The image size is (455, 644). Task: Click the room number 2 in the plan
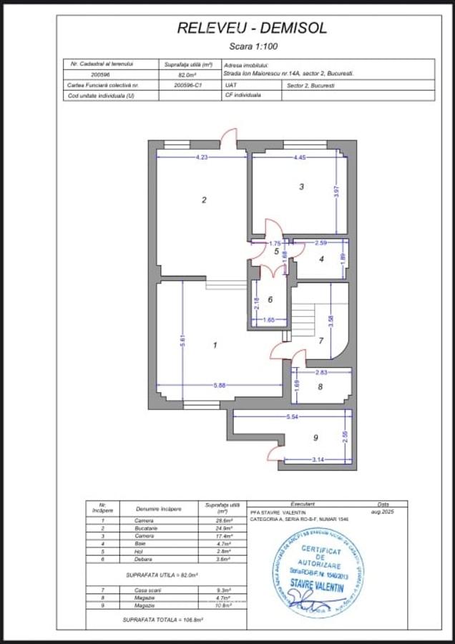(x=204, y=200)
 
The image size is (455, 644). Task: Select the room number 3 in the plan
(x=301, y=187)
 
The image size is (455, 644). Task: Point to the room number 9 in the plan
(x=315, y=437)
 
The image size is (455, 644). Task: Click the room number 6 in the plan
(x=270, y=300)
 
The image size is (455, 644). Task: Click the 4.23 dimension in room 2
(x=202, y=157)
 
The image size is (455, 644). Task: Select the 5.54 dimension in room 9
(x=293, y=416)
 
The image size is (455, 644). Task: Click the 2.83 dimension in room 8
(x=322, y=373)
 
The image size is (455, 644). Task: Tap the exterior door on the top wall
(x=228, y=139)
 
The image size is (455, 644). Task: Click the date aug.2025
(x=384, y=512)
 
